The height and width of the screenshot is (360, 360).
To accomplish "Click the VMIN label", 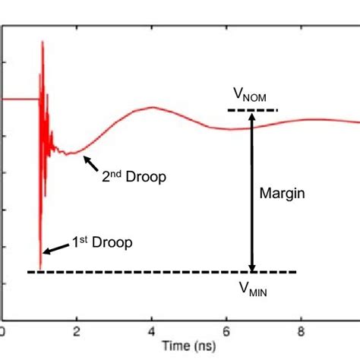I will (253, 289).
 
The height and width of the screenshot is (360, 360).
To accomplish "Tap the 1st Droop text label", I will (102, 243).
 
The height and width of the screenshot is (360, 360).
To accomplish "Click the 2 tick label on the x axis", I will (77, 331).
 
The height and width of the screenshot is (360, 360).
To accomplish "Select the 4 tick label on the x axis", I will (152, 331).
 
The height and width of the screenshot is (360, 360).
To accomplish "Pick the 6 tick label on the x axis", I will (226, 331).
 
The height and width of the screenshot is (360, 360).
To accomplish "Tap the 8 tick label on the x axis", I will (302, 331).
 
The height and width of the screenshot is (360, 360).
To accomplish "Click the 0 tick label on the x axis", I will (3, 331).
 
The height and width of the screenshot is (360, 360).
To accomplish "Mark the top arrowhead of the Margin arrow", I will (253, 117).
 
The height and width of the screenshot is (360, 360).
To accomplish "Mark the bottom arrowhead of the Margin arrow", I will (253, 267).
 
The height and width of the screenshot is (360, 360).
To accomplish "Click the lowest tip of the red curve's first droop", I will (40, 258).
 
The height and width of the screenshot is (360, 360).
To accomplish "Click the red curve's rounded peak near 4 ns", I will (152, 107).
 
